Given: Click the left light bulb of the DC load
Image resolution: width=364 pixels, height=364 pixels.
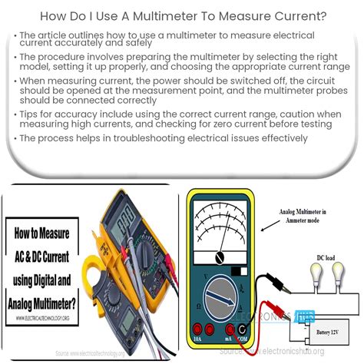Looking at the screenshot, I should point(317,275).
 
